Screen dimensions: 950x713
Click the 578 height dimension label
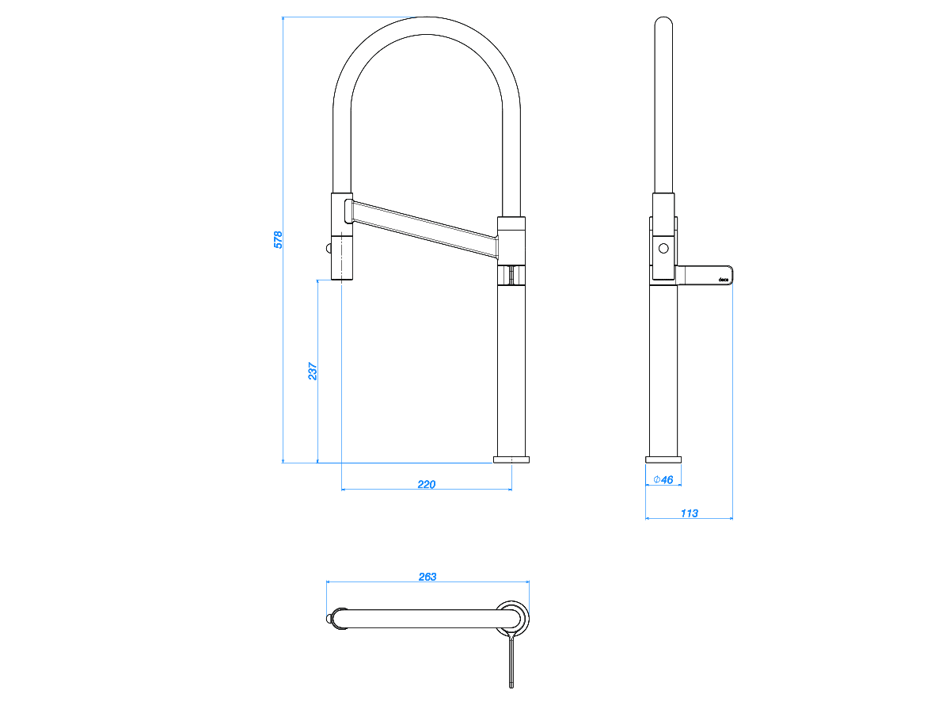278,240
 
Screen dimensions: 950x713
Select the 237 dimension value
313,371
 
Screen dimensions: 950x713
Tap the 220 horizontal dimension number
426,484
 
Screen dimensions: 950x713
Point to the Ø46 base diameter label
663,479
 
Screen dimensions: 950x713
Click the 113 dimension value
689,513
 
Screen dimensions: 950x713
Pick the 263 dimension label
427,577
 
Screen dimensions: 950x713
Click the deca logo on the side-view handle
724,280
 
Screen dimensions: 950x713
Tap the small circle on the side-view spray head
663,249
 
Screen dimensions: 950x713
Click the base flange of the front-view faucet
511,459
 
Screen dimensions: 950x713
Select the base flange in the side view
663,459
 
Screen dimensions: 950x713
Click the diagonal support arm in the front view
424,229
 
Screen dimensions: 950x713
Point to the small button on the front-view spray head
329,249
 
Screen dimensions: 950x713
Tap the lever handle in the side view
704,276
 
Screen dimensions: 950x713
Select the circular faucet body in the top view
512,618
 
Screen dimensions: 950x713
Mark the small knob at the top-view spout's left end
329,619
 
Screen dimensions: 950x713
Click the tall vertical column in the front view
511,371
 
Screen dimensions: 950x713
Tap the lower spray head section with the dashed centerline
342,258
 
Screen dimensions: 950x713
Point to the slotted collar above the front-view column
511,276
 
